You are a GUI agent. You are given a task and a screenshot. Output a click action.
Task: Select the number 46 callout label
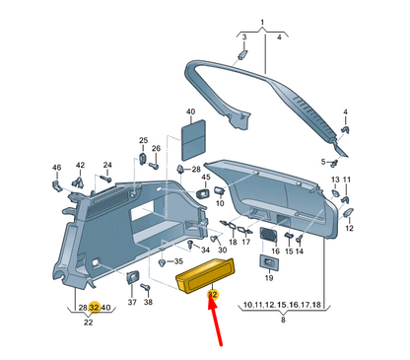pyautogui.click(x=56, y=169)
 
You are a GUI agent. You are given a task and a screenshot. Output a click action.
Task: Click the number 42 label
pyautogui.click(x=80, y=166)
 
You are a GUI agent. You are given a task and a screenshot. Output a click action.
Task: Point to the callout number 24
pyautogui.click(x=107, y=166)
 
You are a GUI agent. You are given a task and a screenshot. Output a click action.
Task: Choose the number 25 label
pyautogui.click(x=143, y=140)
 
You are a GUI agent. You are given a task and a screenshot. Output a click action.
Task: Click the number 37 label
pyautogui.click(x=132, y=302)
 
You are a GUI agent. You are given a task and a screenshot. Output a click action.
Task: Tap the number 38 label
pyautogui.click(x=148, y=302)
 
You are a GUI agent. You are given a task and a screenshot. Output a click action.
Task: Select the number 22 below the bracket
pyautogui.click(x=89, y=323)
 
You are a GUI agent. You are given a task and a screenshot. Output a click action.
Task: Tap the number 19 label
pyautogui.click(x=268, y=280)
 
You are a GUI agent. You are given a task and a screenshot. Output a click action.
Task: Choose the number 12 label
pyautogui.click(x=349, y=229)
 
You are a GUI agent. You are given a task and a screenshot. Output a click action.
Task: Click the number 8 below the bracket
pyautogui.click(x=283, y=322)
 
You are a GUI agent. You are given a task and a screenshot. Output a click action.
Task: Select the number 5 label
pyautogui.click(x=322, y=162)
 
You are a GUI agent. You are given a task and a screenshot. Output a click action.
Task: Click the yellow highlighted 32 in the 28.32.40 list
pyautogui.click(x=94, y=308)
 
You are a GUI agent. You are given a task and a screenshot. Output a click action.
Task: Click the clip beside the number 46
pyautogui.click(x=58, y=183)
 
